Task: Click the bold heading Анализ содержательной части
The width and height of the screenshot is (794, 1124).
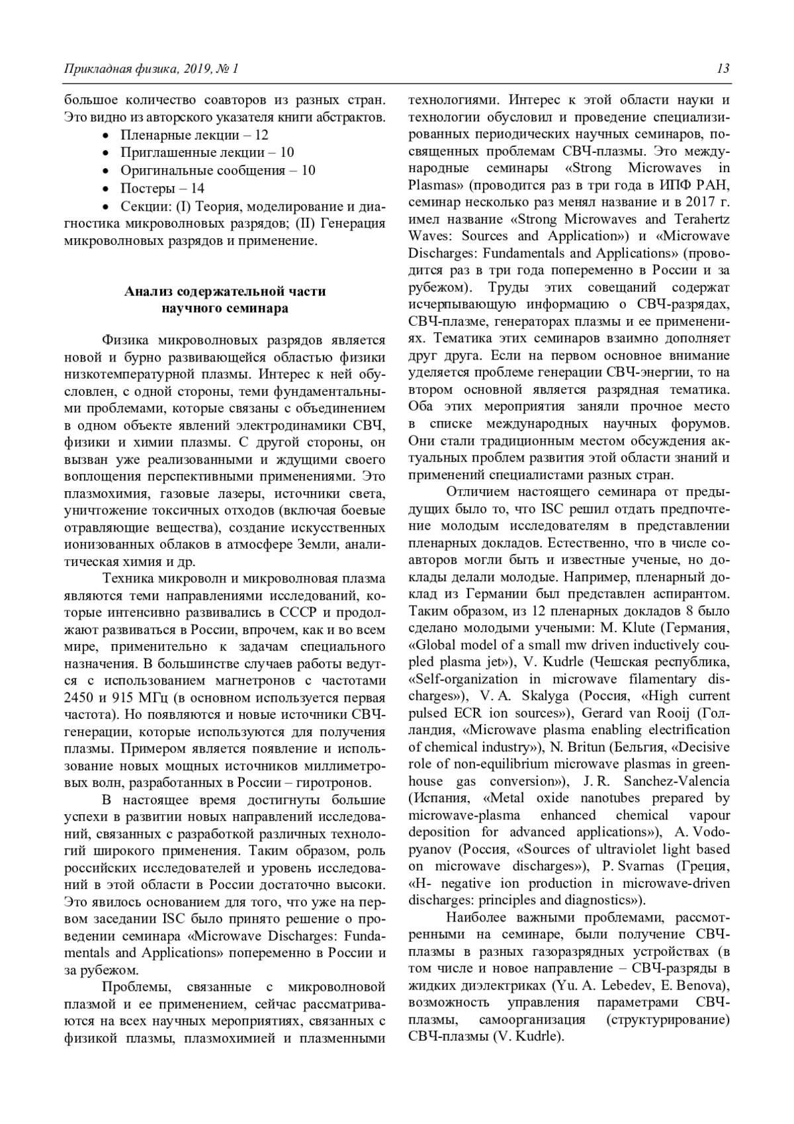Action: [225, 291]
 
